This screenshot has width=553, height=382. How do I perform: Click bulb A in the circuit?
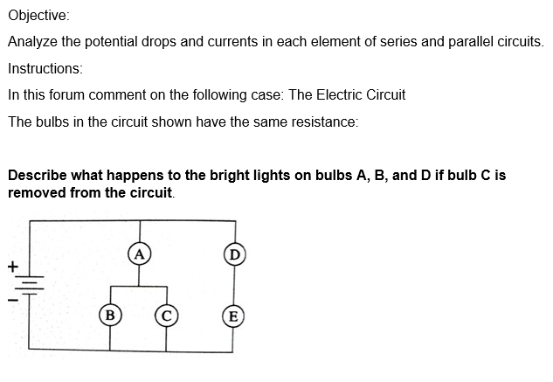click(138, 254)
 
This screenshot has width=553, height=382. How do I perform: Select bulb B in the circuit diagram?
click(110, 312)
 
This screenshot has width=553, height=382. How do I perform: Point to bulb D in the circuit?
click(232, 254)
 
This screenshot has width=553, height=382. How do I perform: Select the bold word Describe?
click(38, 175)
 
